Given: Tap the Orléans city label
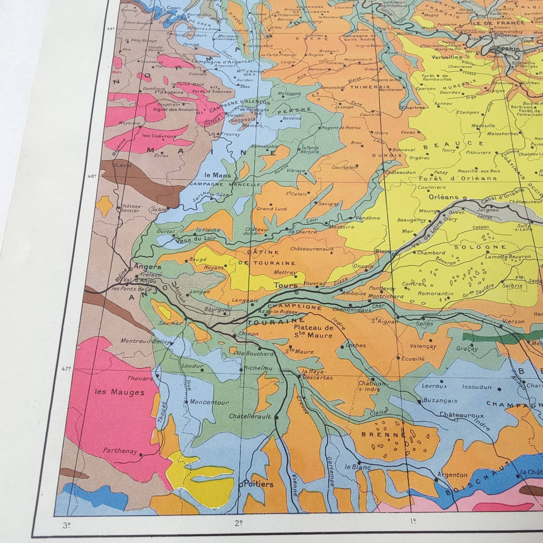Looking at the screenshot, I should point(443,197).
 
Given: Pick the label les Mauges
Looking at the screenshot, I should point(120,392).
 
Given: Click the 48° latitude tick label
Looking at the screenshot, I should point(92,176).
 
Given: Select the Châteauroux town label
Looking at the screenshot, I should point(462,415).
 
